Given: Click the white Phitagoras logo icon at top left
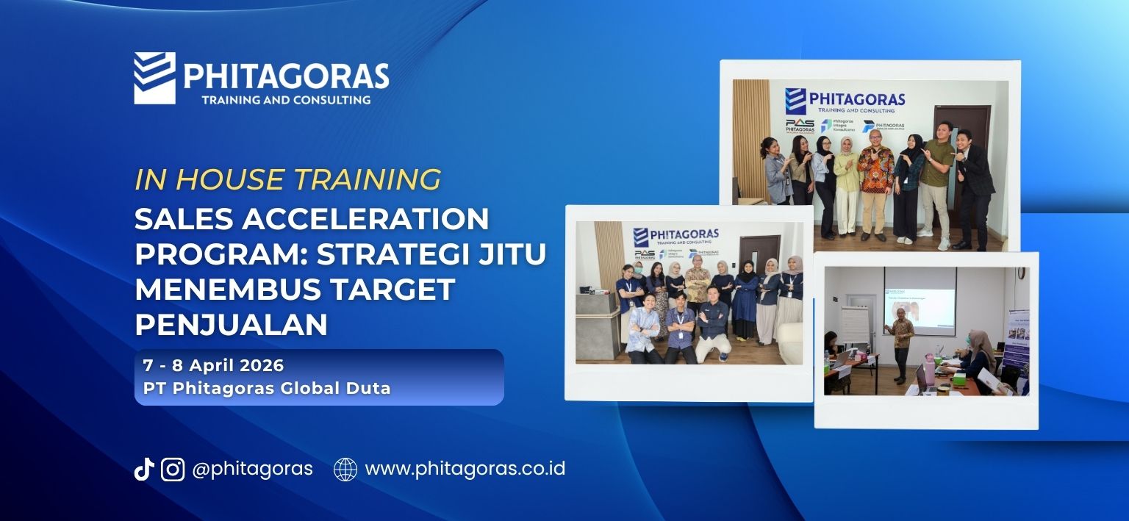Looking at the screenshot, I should (154, 78).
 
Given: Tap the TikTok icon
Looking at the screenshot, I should (143, 469).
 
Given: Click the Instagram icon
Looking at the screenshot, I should (173, 469).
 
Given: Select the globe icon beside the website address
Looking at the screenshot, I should (345, 469).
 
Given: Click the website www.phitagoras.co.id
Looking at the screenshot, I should (465, 469).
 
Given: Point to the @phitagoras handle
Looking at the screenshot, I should (252, 469).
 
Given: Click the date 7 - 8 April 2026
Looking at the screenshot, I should (213, 365).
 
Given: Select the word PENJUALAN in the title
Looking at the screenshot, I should (231, 324).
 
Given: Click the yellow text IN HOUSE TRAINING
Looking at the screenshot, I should (287, 179).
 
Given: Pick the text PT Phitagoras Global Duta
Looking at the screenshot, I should (267, 389).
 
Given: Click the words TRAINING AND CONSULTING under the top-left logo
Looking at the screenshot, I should (286, 99).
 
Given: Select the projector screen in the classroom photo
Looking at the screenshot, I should (919, 298).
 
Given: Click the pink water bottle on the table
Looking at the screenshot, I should (929, 363).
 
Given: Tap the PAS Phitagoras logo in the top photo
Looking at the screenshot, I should (799, 126).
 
